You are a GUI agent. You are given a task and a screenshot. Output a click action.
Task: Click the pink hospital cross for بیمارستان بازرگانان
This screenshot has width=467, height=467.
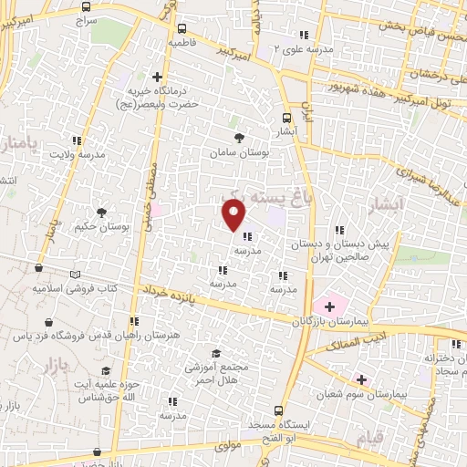click(328, 306)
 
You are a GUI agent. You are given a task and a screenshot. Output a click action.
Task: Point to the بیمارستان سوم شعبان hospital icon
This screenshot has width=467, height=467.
click(361, 379)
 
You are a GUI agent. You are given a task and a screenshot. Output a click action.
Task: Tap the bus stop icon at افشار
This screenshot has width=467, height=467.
click(287, 118)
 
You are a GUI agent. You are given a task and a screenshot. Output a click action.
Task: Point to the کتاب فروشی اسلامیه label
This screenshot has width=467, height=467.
click(77, 288)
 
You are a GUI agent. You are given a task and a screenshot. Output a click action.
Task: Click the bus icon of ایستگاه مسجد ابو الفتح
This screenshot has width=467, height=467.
click(280, 410)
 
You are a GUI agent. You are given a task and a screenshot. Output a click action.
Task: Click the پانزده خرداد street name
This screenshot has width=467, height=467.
click(168, 293)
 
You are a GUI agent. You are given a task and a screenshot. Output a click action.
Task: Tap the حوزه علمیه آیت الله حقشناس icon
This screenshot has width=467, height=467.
click(107, 371)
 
